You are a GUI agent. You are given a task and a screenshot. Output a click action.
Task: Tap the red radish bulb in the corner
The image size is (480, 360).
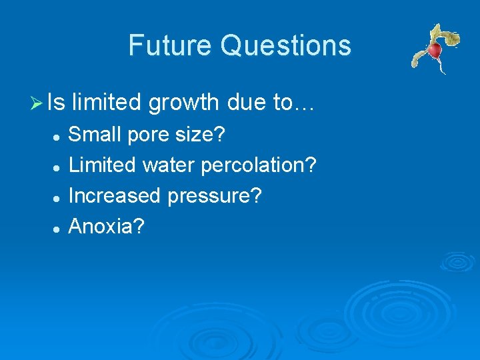click(435, 51)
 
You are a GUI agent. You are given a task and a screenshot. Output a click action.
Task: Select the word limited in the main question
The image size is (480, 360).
click(107, 102)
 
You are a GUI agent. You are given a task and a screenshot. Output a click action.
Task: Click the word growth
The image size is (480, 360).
click(183, 103)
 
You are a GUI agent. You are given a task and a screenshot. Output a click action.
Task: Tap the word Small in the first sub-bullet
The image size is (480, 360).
click(92, 135)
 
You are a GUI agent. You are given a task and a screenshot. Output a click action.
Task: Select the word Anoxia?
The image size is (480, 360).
click(107, 227)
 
